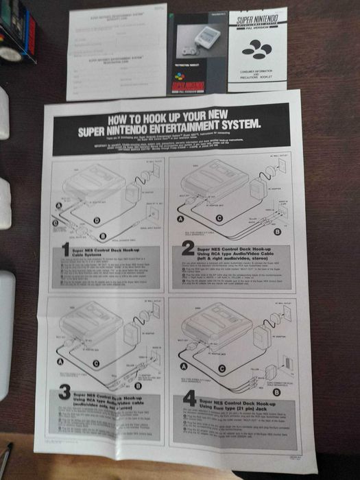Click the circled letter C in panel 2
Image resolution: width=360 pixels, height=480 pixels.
pyautogui.click(x=219, y=219)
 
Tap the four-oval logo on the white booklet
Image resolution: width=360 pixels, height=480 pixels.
pyautogui.click(x=256, y=49)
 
